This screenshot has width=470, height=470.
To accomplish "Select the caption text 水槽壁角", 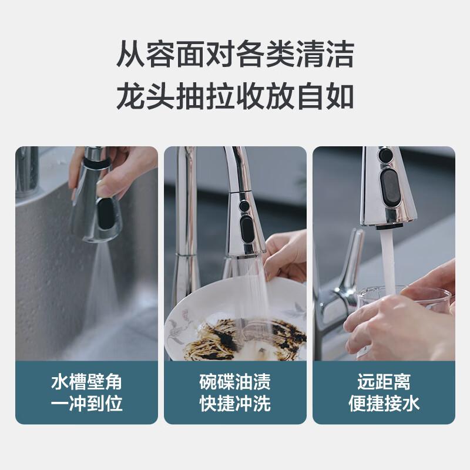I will (86, 382).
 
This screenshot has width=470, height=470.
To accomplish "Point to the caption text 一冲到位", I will (86, 404).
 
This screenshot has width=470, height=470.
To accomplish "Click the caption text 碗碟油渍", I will (235, 382).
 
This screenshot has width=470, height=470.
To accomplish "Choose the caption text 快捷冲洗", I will (235, 404).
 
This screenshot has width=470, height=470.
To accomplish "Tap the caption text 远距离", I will (384, 382).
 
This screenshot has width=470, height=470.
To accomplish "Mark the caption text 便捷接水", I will (384, 404).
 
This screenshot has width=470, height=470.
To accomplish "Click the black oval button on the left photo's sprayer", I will (106, 213).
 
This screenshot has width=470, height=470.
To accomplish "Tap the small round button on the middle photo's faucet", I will (243, 206).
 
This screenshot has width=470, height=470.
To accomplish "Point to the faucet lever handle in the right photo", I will (350, 258).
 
